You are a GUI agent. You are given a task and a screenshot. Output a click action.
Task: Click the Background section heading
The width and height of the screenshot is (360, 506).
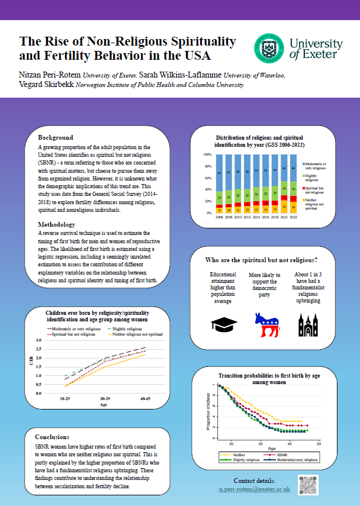pos(56,137)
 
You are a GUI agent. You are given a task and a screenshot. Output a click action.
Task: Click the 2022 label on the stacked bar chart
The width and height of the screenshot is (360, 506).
pos(293,218)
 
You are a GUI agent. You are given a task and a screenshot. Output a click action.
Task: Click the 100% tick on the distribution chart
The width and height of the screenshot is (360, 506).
pos(208,154)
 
